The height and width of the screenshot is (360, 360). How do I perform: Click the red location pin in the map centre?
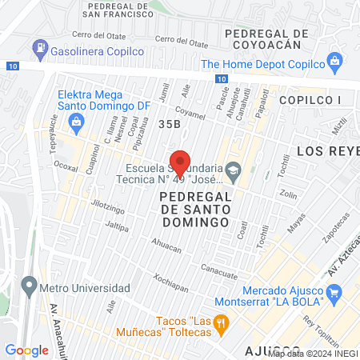tap(182, 162)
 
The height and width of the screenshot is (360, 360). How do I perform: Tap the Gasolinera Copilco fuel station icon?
tap(40, 49)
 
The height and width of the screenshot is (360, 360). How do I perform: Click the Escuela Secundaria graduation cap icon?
tap(234, 169)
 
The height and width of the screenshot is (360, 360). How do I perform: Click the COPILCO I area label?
tap(310, 99)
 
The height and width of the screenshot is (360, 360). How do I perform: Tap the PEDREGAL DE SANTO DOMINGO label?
tap(195, 208)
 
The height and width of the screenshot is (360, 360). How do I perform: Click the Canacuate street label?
tap(219, 270)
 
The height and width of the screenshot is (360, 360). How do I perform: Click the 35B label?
tap(169, 124)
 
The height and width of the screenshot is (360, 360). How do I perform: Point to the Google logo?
tap(26, 350)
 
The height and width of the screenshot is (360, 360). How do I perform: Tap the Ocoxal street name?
tap(66, 168)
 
